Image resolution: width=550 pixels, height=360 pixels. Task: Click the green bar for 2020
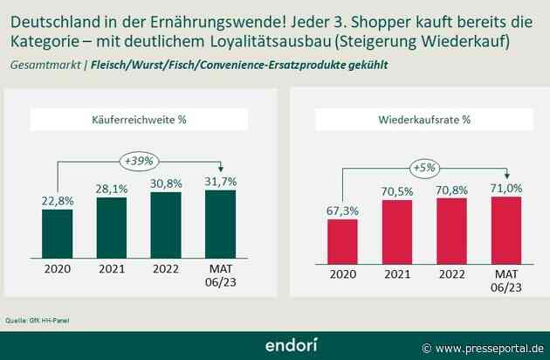[x=57, y=233]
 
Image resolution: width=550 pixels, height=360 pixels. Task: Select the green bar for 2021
[x=111, y=227]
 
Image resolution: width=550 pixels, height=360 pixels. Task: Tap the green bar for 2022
[x=166, y=225]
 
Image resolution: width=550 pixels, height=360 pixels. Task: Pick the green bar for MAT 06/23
[x=220, y=224]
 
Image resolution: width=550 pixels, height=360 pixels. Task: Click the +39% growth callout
[x=140, y=160]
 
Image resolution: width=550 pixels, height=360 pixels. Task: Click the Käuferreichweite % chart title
[x=140, y=120]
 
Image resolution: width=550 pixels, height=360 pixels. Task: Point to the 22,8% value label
[x=57, y=201]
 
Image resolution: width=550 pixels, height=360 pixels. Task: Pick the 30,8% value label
[x=166, y=182]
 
